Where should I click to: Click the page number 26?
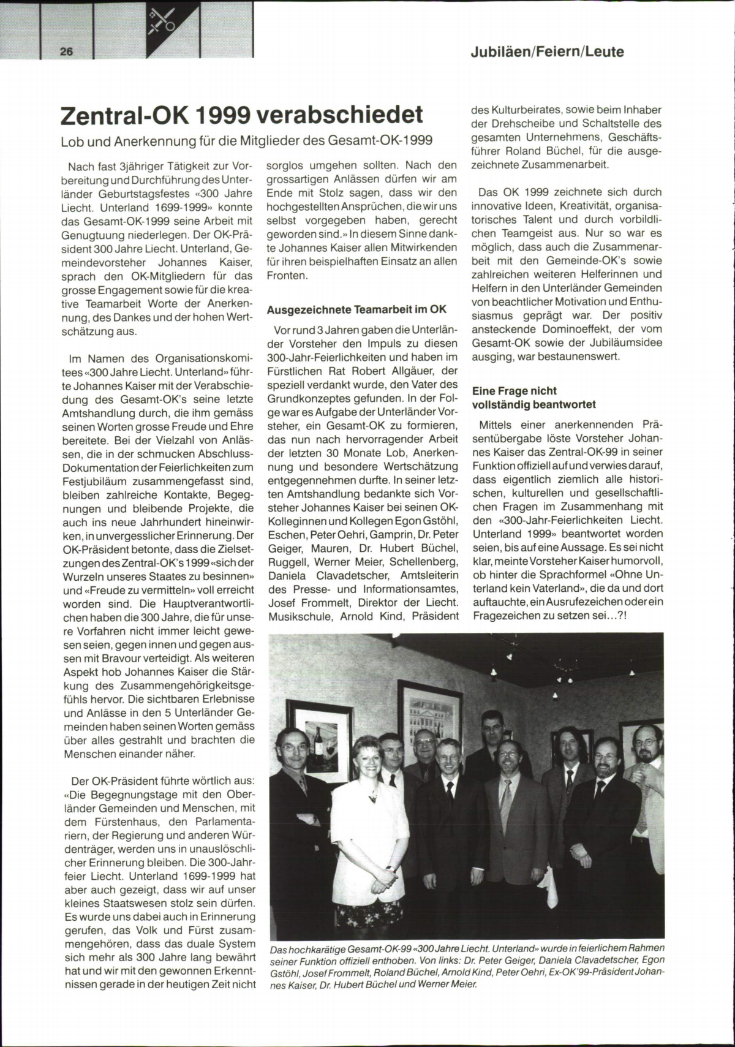67,51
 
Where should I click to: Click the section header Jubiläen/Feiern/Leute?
547,51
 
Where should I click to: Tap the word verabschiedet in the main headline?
339,114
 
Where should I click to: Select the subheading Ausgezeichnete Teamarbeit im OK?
357,309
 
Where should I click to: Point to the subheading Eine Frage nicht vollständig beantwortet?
533,398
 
